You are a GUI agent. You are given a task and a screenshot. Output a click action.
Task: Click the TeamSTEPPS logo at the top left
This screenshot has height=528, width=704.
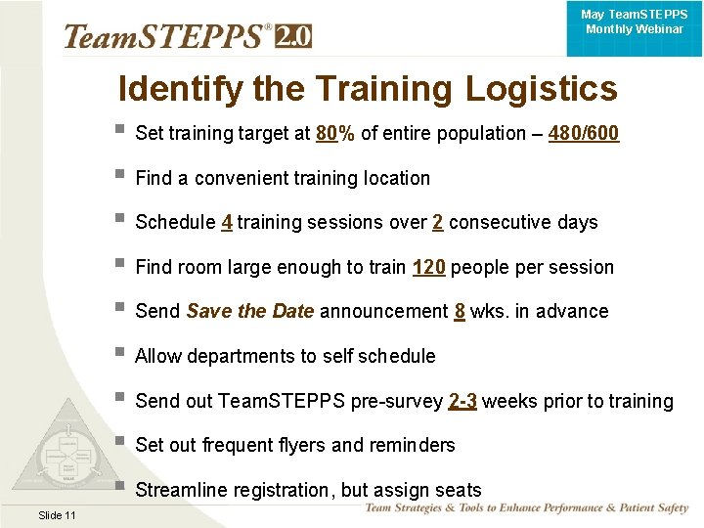coord(166,36)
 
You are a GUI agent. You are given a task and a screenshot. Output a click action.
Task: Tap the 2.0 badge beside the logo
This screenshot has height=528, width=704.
coord(293,36)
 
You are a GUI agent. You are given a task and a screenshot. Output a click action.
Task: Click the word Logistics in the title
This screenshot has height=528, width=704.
coord(541,89)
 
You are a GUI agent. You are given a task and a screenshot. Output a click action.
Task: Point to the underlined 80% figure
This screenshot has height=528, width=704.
coord(335,134)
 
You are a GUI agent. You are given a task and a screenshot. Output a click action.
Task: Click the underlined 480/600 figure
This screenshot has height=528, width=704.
coord(584,134)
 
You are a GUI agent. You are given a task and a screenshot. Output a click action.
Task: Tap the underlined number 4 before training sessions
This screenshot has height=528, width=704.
coord(227,222)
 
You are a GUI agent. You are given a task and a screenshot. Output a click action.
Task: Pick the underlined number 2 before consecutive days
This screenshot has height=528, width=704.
coord(437,222)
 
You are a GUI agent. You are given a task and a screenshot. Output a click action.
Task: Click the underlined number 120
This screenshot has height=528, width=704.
coord(429,267)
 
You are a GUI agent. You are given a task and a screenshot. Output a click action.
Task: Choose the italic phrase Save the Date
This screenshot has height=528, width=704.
coord(249,311)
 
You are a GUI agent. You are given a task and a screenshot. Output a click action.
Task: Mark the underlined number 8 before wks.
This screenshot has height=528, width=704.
coord(460,311)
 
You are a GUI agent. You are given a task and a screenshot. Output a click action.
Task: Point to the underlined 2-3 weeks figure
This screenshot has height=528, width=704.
coord(462,401)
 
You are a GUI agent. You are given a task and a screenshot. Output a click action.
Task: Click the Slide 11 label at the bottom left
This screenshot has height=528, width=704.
coord(58,515)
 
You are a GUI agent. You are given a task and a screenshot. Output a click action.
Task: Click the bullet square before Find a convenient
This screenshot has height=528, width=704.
coord(119,177)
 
